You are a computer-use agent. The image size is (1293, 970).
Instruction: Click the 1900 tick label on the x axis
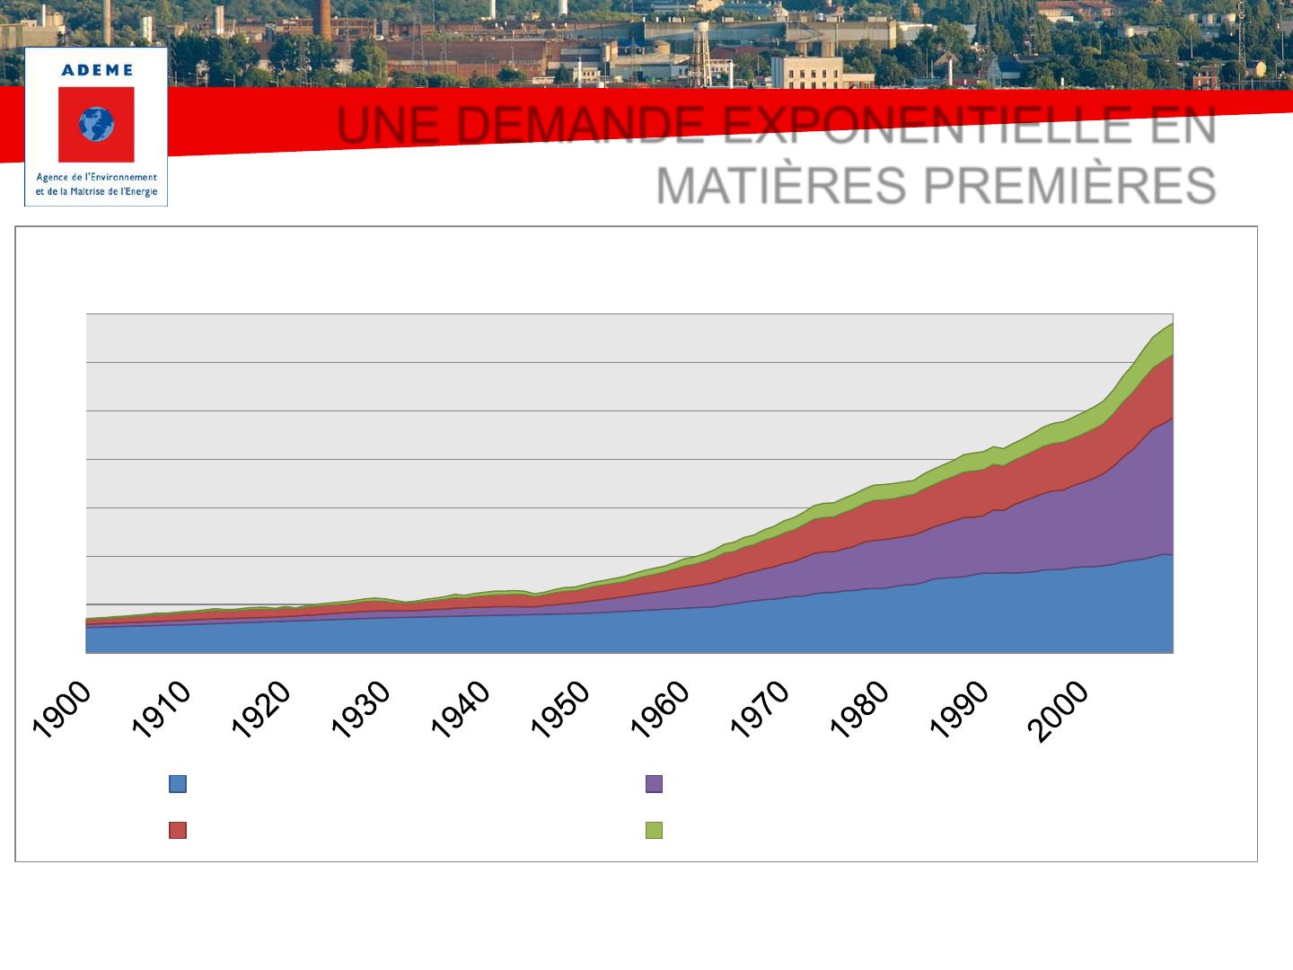tap(62, 710)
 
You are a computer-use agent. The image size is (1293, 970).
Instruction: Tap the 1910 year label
tap(162, 710)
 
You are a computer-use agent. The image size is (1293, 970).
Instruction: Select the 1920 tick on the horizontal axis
tap(261, 710)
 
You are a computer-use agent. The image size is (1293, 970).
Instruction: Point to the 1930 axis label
tap(361, 710)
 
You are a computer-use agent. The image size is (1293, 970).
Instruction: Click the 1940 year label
tap(461, 710)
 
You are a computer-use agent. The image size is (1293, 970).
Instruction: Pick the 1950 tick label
tap(560, 710)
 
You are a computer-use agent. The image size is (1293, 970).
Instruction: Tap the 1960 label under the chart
tap(660, 710)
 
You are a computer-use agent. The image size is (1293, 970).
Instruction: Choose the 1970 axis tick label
tap(760, 710)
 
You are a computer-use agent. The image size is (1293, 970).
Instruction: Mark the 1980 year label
tap(859, 710)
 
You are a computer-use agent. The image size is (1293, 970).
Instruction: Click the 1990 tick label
tap(959, 710)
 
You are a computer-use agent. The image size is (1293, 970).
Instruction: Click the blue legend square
tap(178, 784)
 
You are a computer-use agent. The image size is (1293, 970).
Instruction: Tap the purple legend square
tap(655, 784)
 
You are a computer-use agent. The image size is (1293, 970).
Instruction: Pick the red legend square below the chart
tap(178, 830)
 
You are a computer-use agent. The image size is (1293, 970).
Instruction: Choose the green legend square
tap(655, 830)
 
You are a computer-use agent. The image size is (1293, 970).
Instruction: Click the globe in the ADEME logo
tap(96, 125)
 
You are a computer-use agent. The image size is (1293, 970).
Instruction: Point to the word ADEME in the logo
tap(96, 70)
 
